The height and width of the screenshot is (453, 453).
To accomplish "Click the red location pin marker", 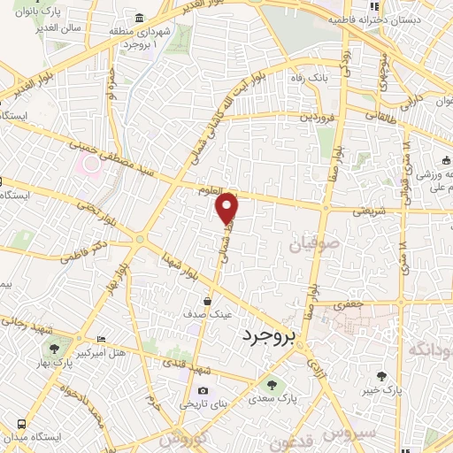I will (227, 208).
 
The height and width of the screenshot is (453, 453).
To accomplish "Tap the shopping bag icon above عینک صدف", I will (208, 300).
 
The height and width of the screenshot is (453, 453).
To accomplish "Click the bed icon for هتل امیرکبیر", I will (100, 339).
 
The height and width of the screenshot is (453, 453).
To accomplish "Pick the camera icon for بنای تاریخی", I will (203, 391).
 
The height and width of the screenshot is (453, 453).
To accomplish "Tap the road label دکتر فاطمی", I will (84, 250).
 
